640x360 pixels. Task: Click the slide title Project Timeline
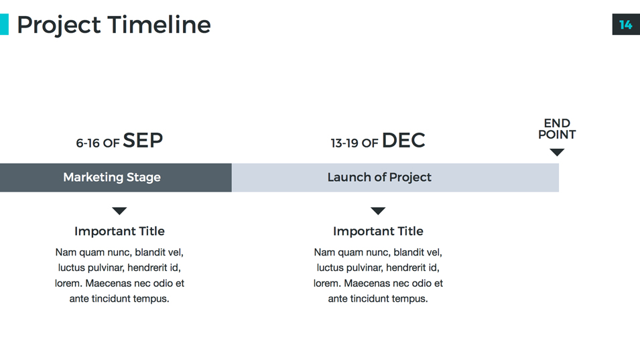[x=113, y=25]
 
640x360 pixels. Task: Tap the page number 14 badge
[x=625, y=25]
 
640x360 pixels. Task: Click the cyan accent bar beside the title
[x=4, y=25]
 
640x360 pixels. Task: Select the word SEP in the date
[x=143, y=140]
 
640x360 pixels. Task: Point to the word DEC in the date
[x=403, y=140]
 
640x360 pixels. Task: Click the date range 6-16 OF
[x=97, y=143]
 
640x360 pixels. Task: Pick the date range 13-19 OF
[x=354, y=143]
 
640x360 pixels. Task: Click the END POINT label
[x=557, y=129]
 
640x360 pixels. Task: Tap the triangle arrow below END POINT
[x=557, y=152]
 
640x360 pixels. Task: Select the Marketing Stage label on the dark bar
[x=112, y=178]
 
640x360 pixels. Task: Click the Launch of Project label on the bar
[x=379, y=178]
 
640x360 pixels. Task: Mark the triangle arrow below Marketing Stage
[x=119, y=211]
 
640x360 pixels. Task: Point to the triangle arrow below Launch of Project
[x=378, y=211]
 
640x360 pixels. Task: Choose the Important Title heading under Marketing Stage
[x=119, y=231]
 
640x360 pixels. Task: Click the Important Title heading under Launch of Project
[x=378, y=231]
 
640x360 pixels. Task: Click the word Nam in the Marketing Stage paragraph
[x=66, y=253]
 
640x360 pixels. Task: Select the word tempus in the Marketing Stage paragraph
[x=153, y=299]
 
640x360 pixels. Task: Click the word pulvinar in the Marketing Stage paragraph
[x=107, y=268]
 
